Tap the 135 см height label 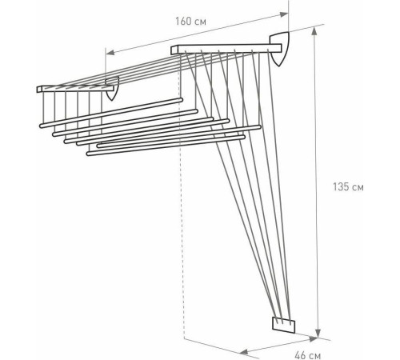point(348,189)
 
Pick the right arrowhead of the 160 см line point(286,13)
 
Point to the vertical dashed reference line point(183,240)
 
